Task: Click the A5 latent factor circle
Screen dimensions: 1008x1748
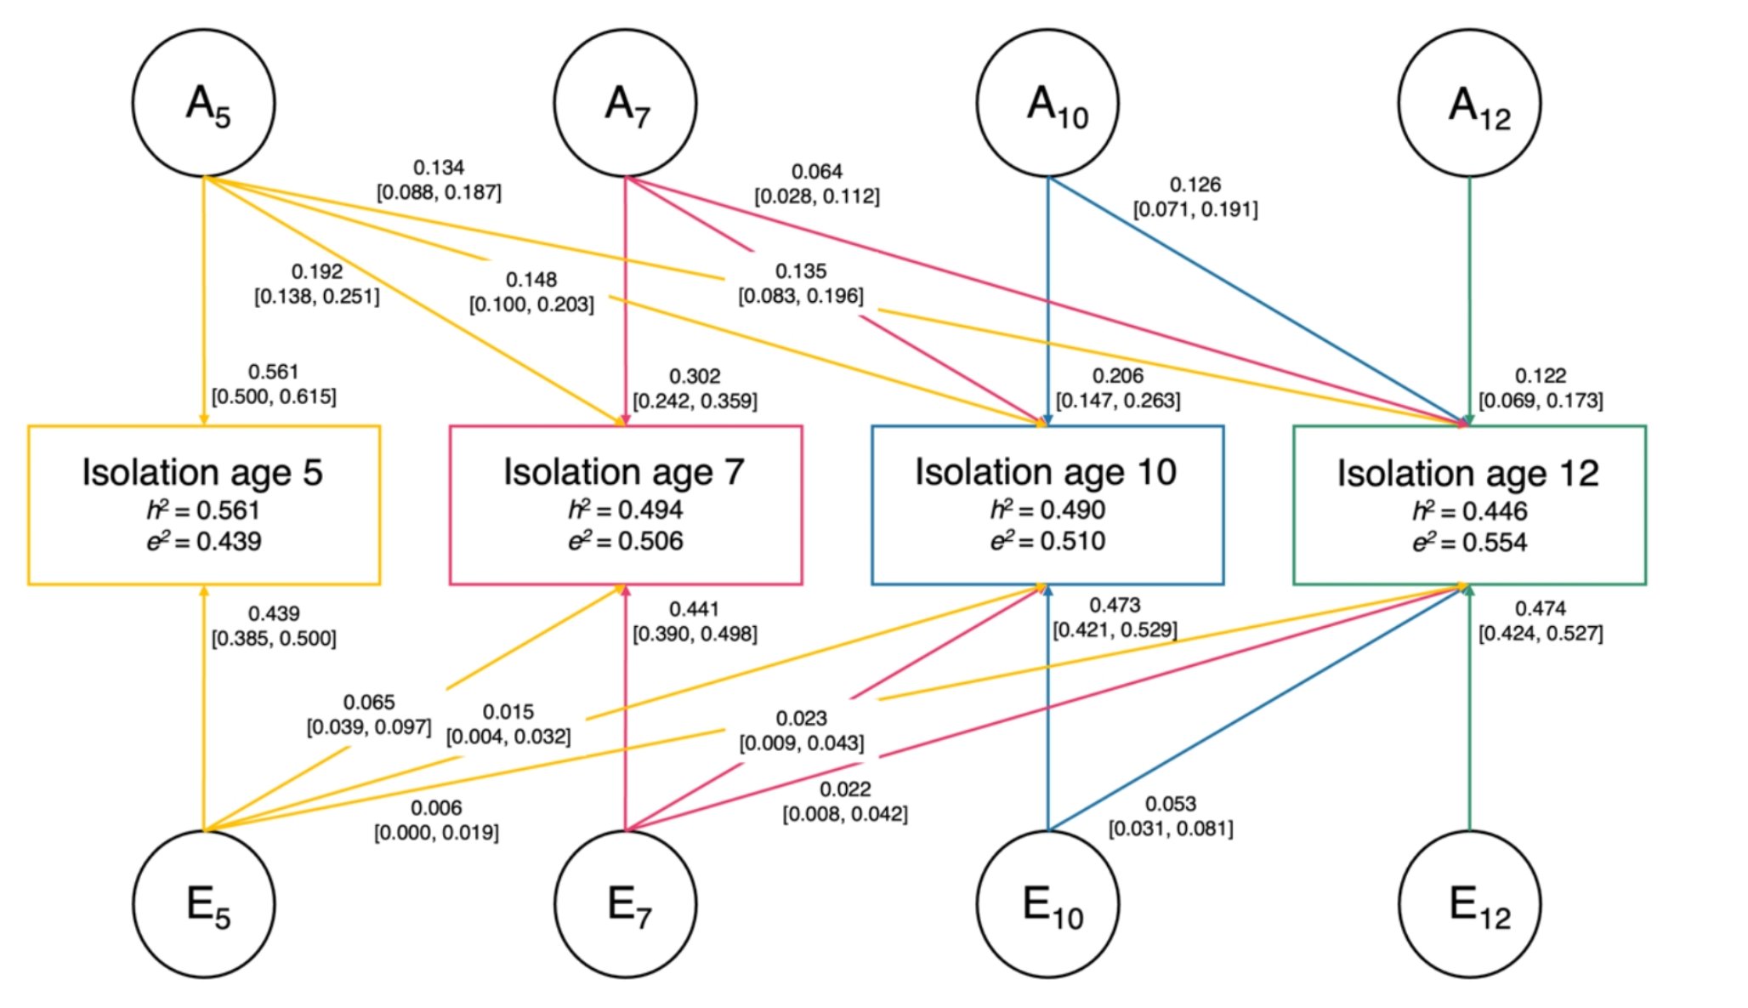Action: click(204, 103)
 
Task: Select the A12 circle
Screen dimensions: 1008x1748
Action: click(1469, 103)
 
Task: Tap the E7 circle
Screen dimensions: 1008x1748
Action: click(626, 903)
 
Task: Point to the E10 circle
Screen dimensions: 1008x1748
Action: click(1047, 903)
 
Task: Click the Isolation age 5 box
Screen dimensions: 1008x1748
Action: click(204, 504)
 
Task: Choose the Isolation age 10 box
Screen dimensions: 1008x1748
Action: click(1047, 504)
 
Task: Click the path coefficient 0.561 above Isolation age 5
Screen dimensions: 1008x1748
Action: click(274, 372)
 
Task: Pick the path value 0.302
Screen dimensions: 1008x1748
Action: click(695, 376)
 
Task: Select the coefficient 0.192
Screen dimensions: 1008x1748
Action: click(317, 271)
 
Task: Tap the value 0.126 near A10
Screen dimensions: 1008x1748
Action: click(1195, 185)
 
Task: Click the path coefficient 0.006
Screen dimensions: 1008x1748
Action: click(436, 807)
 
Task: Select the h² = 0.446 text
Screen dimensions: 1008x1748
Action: click(1469, 511)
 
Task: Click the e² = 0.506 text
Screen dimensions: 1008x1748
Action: click(626, 541)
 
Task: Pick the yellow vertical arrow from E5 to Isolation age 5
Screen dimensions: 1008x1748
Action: click(203, 723)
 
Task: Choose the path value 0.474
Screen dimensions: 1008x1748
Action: click(1540, 608)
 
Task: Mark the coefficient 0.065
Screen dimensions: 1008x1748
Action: click(369, 702)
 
